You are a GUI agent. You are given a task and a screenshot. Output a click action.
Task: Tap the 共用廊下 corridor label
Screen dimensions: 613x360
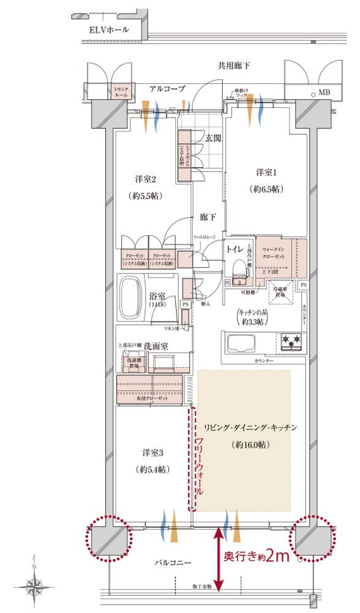tap(234, 65)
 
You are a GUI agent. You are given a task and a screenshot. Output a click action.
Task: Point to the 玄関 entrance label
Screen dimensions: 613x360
tap(213, 138)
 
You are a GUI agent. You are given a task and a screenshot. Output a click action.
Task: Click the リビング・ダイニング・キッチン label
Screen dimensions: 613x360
tap(251, 428)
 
